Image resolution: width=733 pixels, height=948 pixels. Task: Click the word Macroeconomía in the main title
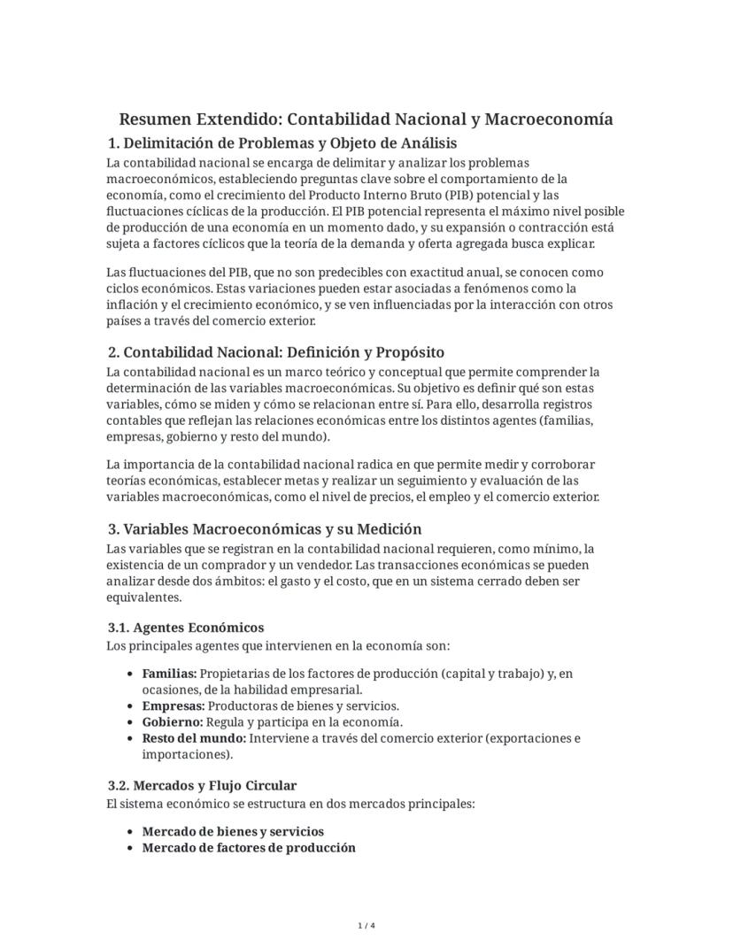(549, 119)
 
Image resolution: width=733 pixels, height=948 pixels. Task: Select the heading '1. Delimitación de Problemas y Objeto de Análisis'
(282, 143)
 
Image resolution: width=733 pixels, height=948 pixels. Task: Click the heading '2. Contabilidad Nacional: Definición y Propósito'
(276, 353)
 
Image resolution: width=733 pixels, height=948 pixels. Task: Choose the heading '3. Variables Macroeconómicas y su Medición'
(265, 529)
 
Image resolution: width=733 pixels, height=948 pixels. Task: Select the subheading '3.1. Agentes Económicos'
(186, 628)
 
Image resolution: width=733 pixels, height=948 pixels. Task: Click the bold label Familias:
(169, 674)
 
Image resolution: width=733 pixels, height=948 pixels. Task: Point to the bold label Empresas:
(174, 705)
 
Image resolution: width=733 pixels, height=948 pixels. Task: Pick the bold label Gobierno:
(173, 721)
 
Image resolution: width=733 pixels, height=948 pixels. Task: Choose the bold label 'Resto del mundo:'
(194, 738)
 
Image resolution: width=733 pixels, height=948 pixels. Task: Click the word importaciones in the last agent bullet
(185, 754)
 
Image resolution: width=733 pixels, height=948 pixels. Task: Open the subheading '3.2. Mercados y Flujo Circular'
(203, 785)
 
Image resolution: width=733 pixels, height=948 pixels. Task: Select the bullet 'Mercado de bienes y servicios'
(233, 831)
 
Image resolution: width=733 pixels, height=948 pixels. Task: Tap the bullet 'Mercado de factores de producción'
(249, 847)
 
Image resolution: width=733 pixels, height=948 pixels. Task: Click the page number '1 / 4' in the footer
(366, 926)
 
